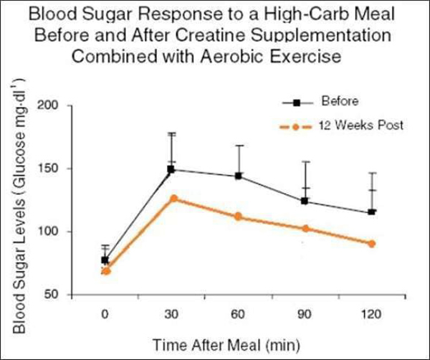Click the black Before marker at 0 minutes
click(x=105, y=260)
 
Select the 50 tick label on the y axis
click(x=61, y=295)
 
